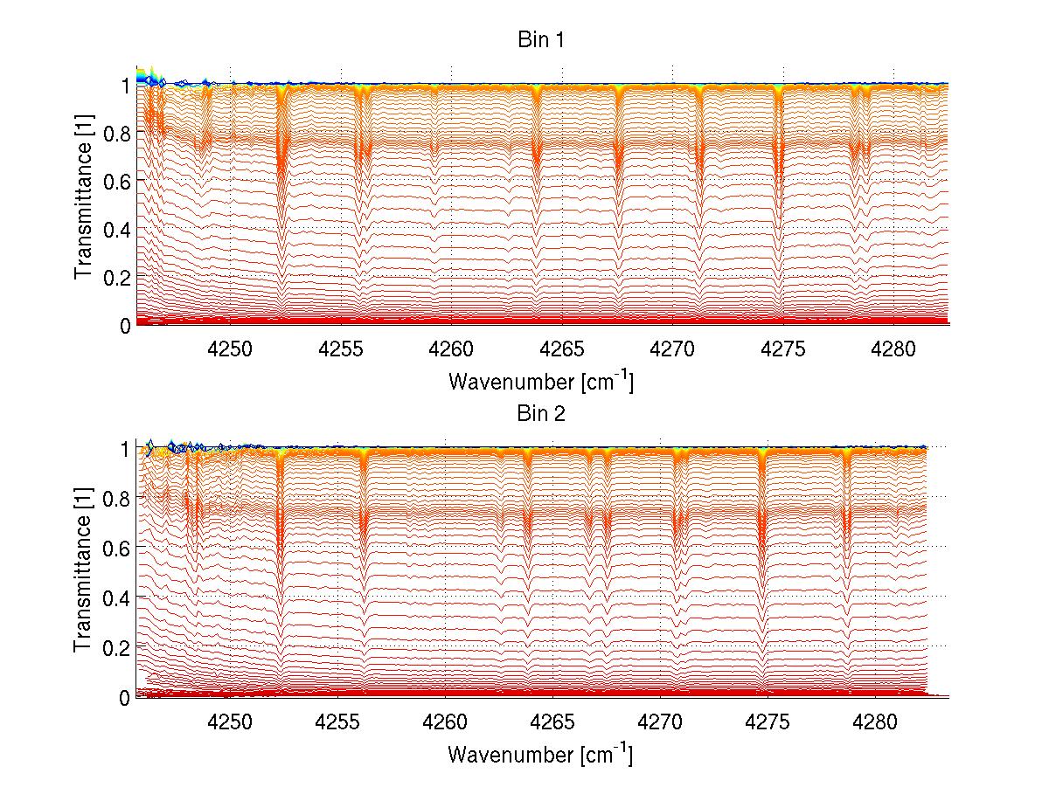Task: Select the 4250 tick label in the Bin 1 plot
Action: pos(230,349)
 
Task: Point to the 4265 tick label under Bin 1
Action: pos(561,349)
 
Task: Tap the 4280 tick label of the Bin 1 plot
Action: pos(893,349)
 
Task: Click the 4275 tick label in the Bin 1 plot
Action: pos(782,349)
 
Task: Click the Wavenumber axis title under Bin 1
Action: pos(540,381)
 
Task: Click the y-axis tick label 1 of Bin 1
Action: pos(126,86)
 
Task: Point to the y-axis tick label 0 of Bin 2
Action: pos(126,697)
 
